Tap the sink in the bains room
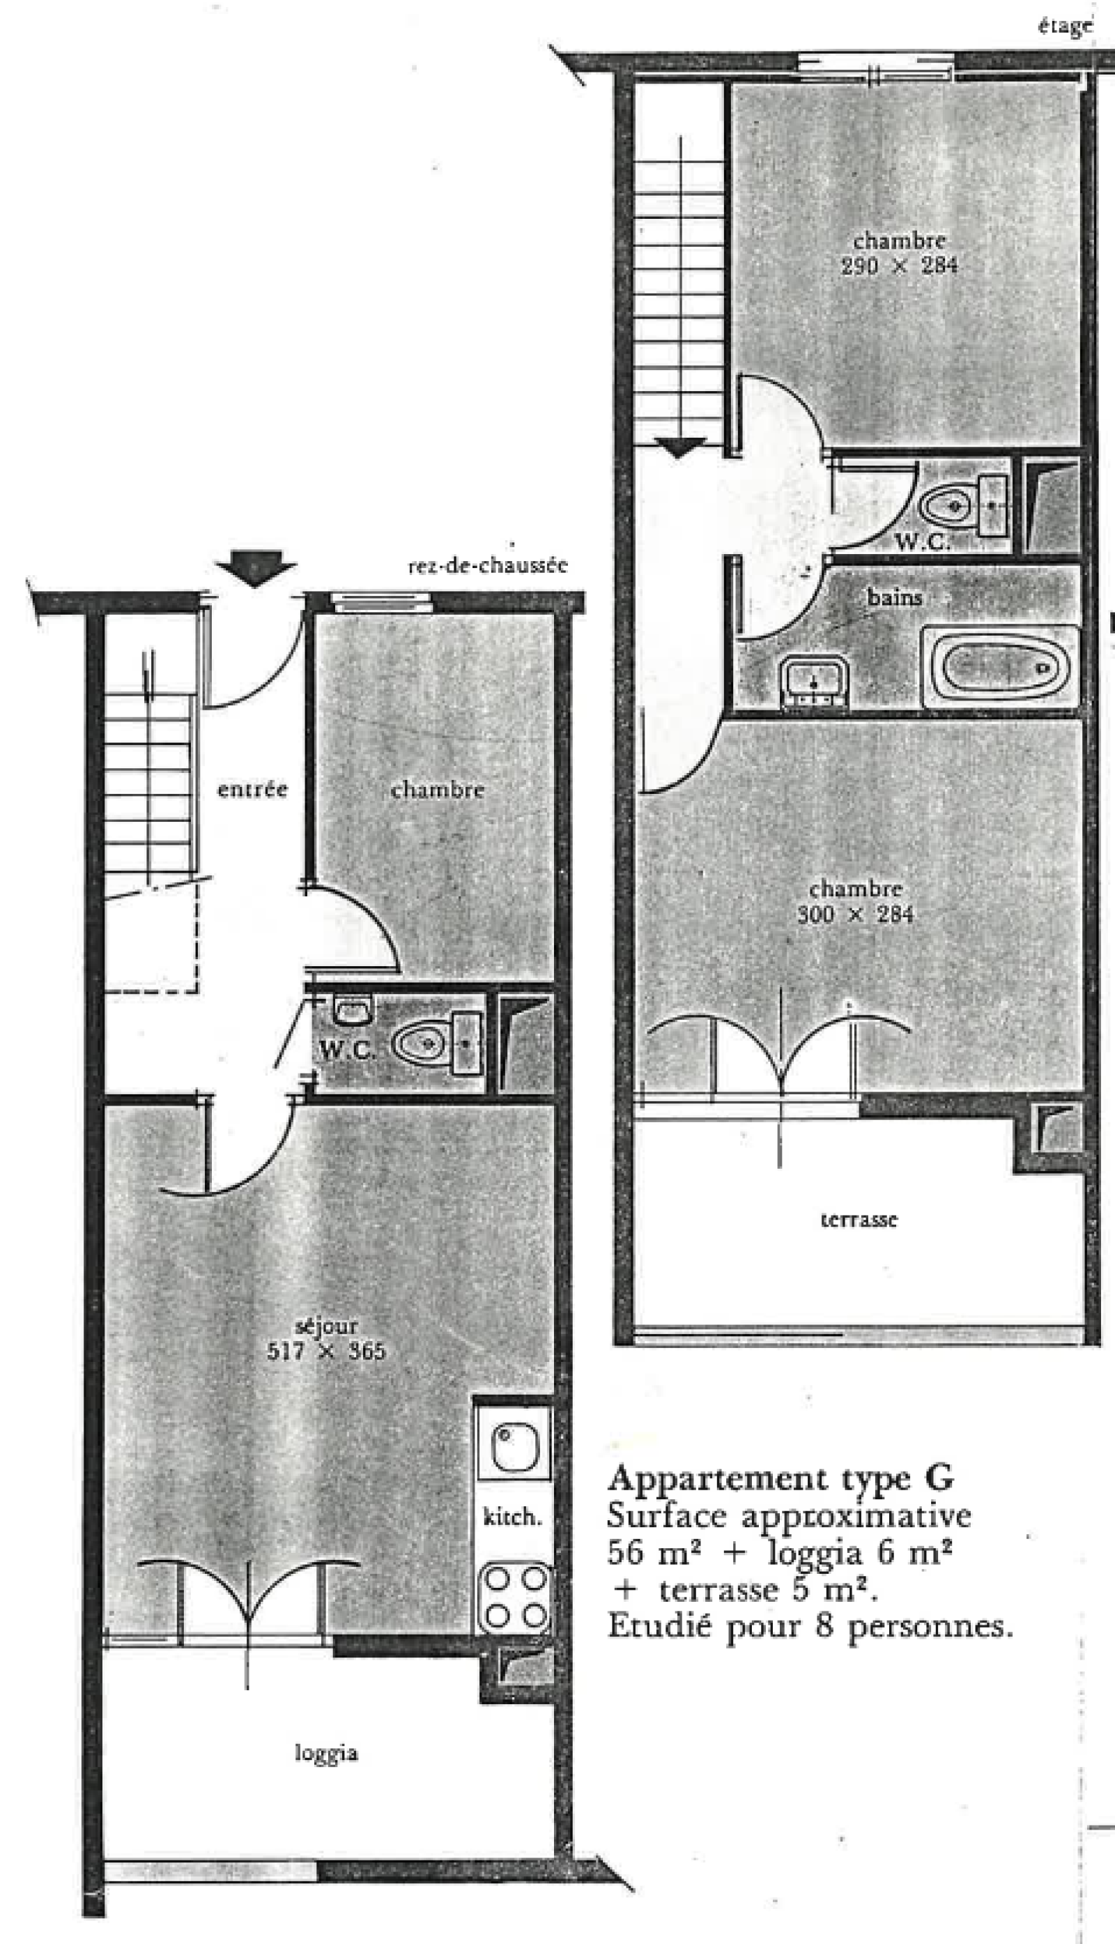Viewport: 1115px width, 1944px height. coord(814,679)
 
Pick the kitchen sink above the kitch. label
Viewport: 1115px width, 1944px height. coord(514,1446)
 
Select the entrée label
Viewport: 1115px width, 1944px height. coord(252,789)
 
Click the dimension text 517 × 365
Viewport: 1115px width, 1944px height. coord(325,1350)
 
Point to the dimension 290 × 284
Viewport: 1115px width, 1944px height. coord(899,266)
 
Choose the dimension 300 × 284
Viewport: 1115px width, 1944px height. coord(855,914)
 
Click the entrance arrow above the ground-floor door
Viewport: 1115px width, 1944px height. coord(256,569)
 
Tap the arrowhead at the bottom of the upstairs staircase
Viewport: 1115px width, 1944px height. coord(679,447)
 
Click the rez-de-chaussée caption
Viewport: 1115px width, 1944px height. coord(487,566)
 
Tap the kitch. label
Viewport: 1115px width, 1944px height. coord(512,1516)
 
